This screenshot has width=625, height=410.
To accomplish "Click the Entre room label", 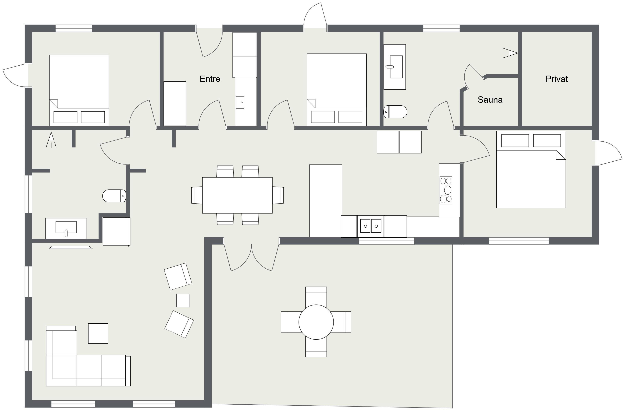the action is pos(210,79).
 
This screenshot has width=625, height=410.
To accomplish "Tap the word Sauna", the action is pos(490,100).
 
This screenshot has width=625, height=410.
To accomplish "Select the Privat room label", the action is pos(556,79).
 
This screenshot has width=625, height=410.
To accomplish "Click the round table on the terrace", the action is pos(316,322).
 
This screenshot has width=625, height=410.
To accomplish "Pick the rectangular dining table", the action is pos(237,195).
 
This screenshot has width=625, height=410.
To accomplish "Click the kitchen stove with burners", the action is pos(446,190).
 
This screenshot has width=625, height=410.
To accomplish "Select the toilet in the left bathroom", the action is pos(114,196).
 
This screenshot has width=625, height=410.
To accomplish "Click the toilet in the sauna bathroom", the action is pos(395,112).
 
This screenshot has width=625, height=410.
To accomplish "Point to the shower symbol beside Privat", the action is pos(510,53).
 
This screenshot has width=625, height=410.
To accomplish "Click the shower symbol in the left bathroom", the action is pos(51,140).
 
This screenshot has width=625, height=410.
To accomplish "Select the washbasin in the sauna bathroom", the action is pos(395,67).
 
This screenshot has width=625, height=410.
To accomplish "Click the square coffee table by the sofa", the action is pos(98,333).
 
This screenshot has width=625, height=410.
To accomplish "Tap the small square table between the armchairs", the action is pos(183,300).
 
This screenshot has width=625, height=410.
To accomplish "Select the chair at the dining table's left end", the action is pos(197,195).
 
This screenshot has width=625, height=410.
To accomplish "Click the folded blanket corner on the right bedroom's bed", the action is pos(561,155).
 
